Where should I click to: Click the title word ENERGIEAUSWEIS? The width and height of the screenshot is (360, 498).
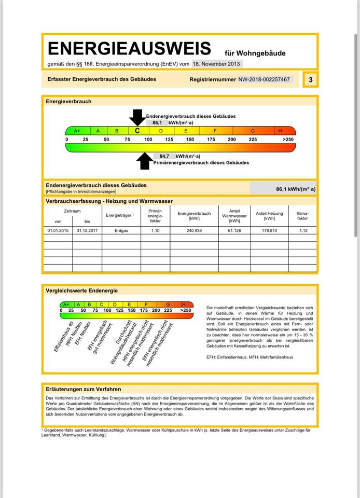[x=129, y=49]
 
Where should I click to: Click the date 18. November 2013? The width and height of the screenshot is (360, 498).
[x=216, y=64]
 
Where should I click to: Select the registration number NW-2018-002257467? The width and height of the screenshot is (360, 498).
[x=264, y=79]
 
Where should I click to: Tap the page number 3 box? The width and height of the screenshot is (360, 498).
[x=310, y=79]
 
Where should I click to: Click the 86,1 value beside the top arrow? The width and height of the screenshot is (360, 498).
[x=158, y=123]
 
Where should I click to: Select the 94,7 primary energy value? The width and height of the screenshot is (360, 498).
[x=164, y=156]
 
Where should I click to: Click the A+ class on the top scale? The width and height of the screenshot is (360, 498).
[x=77, y=131]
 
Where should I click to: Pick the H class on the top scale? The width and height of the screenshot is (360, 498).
[x=280, y=131]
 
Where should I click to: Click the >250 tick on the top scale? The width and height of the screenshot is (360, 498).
[x=287, y=140]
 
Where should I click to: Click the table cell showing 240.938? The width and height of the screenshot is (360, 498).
[x=193, y=230]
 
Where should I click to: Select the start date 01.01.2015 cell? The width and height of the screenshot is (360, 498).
[x=58, y=230]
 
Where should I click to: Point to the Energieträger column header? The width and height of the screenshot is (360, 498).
[x=119, y=215]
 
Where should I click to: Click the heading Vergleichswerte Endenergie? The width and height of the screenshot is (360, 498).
[x=81, y=290]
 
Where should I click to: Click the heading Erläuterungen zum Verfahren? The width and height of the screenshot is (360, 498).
[x=83, y=389]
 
